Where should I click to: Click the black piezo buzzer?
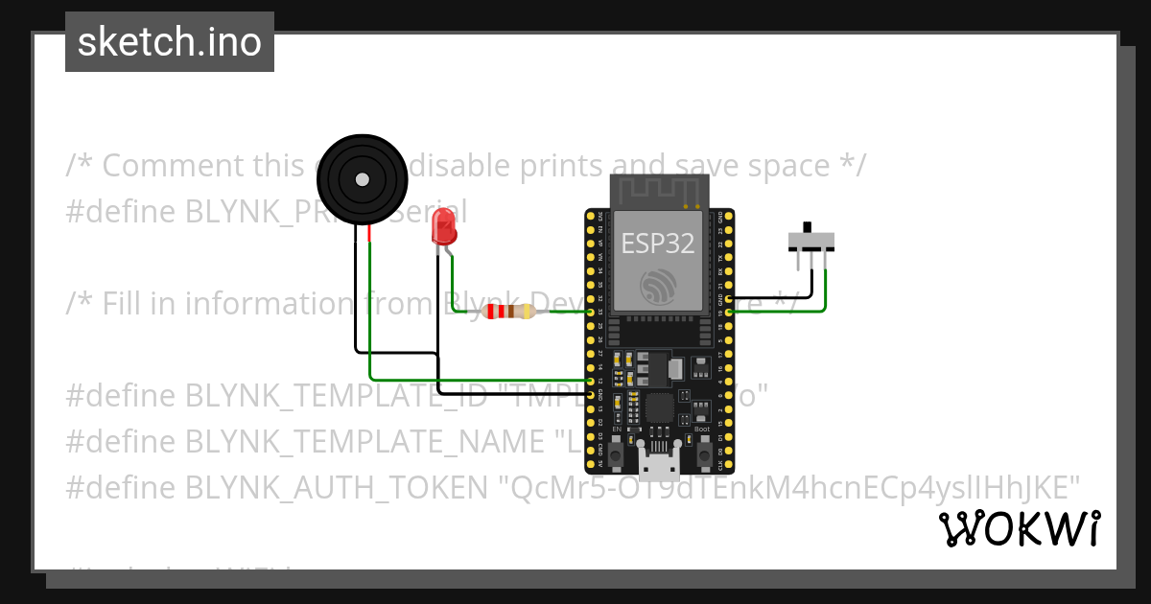point(362,179)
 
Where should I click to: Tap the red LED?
point(444,226)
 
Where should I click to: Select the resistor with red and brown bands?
point(507,312)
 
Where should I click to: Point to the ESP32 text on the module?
point(658,243)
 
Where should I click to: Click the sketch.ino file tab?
point(170,42)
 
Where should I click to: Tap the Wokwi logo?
point(1019,528)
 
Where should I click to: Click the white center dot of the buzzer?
point(362,179)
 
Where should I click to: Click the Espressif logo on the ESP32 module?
point(658,285)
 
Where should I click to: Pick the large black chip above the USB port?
point(660,409)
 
